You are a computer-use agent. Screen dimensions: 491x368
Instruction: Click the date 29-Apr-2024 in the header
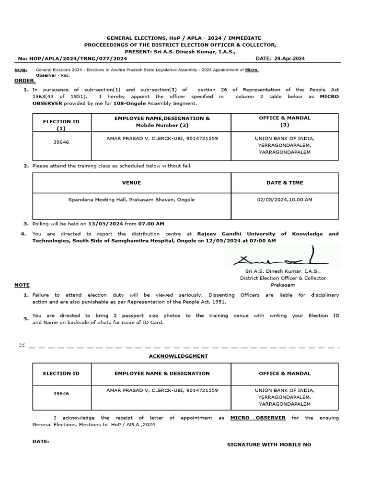pos(290,58)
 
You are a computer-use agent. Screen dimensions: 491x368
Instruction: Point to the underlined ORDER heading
pos(24,81)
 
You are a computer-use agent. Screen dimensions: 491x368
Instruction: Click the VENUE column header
pos(131,183)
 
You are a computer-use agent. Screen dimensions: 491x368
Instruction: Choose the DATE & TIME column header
pos(285,183)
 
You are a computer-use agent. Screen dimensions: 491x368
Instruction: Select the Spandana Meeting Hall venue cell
pos(131,199)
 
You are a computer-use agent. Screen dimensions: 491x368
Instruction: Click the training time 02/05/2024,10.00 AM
pos(285,199)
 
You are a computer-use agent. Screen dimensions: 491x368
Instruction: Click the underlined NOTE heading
pos(22,285)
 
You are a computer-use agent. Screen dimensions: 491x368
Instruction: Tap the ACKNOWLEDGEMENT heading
pos(178,356)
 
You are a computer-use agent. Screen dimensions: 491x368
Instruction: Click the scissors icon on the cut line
pos(21,346)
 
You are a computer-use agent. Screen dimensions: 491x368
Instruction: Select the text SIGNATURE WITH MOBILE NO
pos(269,444)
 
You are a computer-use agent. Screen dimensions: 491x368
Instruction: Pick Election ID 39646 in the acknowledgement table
pos(61,393)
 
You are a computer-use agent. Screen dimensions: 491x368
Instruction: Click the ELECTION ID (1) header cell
pos(61,125)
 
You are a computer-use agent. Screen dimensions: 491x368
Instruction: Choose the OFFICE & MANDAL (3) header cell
pos(285,121)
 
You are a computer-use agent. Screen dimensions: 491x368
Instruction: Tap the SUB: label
pos(22,70)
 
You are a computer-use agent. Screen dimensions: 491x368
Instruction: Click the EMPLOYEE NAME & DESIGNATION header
pos(162,373)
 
